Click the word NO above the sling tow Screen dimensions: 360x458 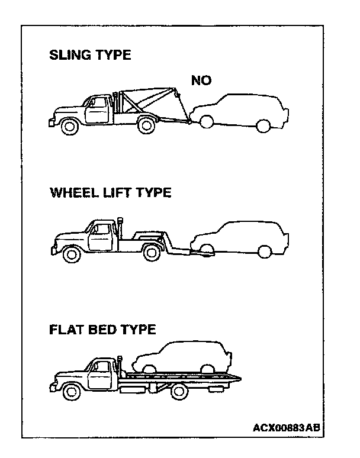[x=201, y=80]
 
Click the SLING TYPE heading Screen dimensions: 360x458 [x=90, y=56]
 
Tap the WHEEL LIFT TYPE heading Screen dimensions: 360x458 [x=110, y=193]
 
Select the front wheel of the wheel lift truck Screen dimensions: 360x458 [x=72, y=254]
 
